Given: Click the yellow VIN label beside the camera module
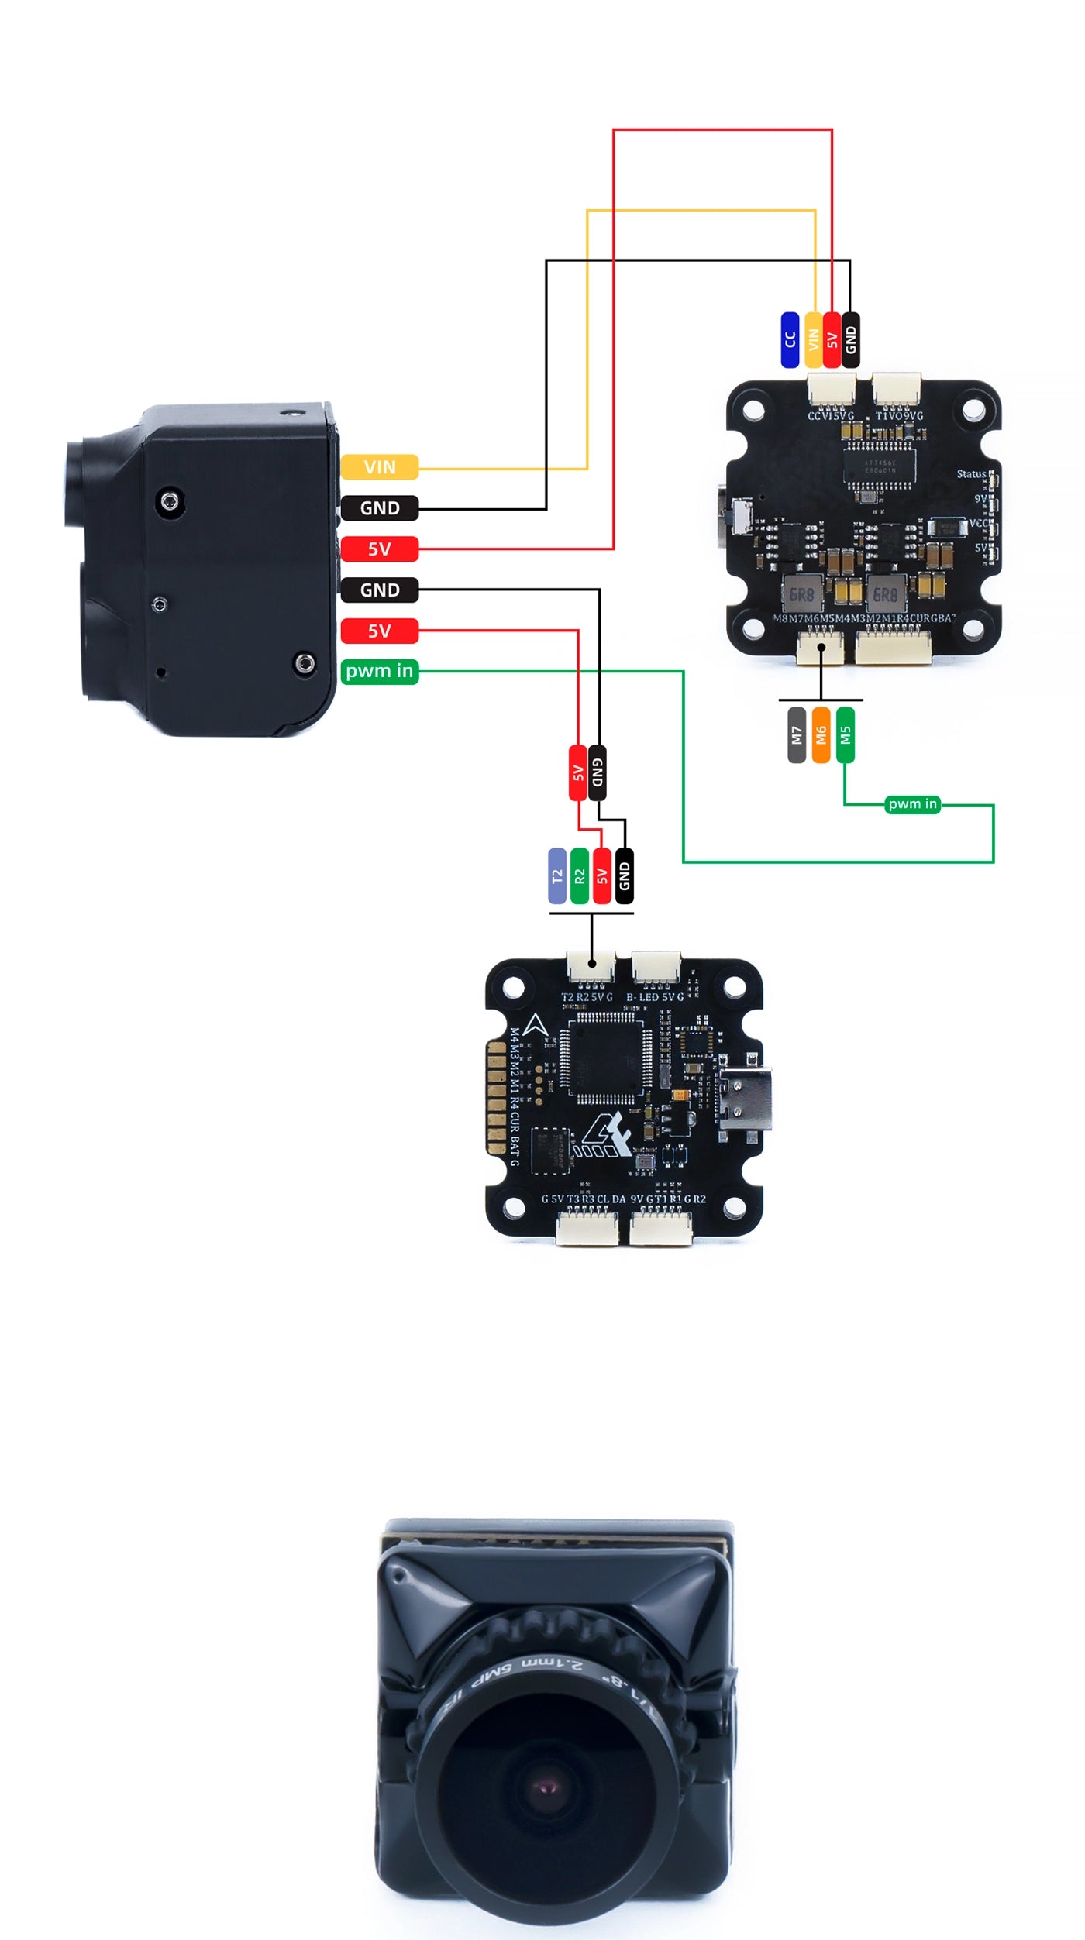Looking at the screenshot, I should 379,467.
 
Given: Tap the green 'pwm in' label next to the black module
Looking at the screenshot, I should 379,671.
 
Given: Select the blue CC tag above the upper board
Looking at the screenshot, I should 790,340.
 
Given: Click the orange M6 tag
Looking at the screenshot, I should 821,734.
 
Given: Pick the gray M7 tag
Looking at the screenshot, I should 797,734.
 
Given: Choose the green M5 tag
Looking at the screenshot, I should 846,734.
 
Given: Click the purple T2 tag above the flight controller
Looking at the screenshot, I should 557,875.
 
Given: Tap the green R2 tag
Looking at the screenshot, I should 580,875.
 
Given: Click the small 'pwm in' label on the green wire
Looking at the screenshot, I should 912,804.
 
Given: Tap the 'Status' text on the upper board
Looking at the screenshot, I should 971,474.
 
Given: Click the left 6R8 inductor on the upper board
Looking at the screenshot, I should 801,594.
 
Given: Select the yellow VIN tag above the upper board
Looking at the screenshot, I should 813,340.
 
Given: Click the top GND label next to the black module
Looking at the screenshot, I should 379,508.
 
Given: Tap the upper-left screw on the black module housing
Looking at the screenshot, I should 170,503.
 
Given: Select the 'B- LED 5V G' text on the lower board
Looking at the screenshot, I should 655,997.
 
